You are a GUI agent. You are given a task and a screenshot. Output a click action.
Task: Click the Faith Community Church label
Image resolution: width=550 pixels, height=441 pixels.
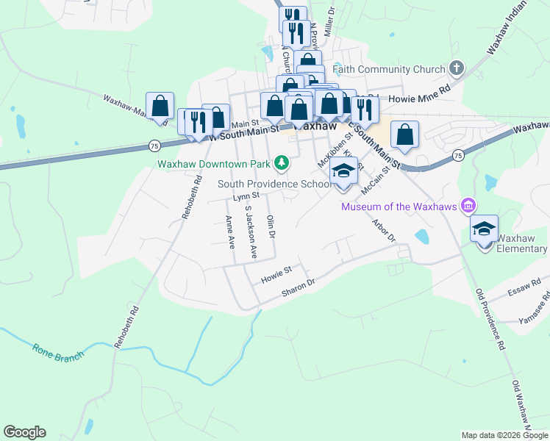389,70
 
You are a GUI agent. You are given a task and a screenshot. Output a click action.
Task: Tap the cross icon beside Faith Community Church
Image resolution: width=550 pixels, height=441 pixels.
456,69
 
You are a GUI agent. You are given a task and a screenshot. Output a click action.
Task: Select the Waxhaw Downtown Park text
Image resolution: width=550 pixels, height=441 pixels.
214,162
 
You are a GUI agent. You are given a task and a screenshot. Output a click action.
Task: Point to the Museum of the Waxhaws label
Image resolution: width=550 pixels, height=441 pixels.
399,206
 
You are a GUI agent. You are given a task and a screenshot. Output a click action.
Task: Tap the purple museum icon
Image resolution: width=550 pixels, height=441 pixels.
466,206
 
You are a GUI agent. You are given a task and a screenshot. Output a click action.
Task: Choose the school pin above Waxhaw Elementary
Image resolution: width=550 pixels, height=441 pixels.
485,230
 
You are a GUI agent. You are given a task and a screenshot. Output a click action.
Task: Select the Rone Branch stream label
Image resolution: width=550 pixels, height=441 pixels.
58,350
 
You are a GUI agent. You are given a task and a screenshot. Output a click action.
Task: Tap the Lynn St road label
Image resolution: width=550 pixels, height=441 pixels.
246,197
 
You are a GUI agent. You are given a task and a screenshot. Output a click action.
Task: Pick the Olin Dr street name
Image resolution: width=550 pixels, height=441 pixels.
271,227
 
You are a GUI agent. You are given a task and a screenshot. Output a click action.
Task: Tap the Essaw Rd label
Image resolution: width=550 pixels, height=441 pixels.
528,286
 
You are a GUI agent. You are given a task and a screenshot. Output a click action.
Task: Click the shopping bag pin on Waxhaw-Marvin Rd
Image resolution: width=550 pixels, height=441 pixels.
160,107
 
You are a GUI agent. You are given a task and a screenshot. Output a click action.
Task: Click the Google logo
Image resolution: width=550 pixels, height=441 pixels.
25,432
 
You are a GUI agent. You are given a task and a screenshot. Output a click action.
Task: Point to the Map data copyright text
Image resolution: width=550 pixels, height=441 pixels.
504,435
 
